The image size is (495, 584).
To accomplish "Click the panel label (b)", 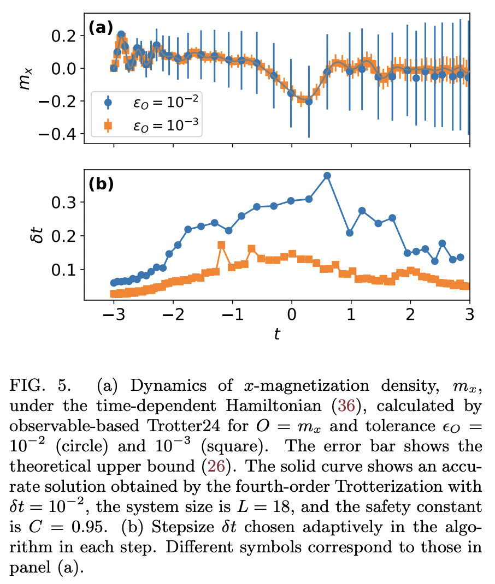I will pos(101,184).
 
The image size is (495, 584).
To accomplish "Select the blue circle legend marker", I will pos(108,102).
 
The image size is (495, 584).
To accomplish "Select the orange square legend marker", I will pos(108,126).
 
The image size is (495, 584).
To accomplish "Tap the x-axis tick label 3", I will pos(469,316).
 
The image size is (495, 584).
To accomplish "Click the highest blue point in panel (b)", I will pos(327,176).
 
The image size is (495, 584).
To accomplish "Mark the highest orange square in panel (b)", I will pos(221,245).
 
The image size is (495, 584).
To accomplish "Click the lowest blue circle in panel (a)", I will pos(309,102).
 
